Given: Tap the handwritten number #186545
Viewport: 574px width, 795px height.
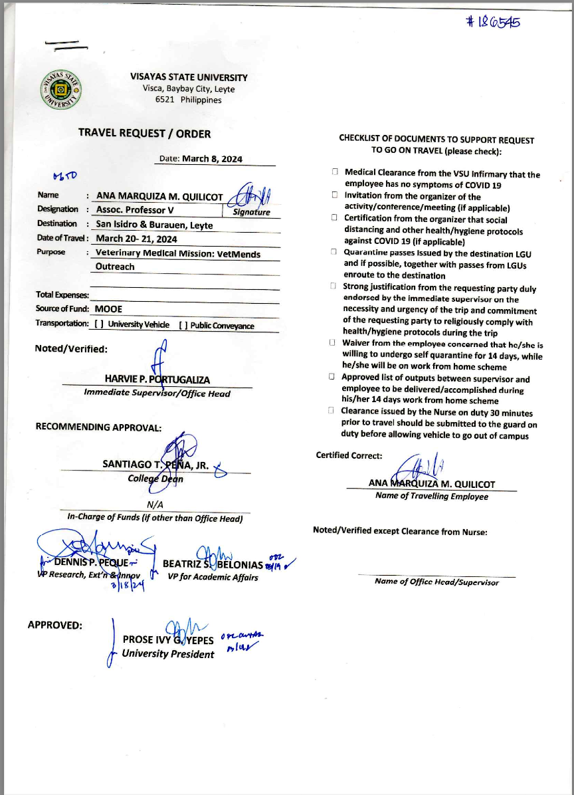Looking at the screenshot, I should [493, 21].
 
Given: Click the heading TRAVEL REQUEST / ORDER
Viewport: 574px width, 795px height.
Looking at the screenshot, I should [144, 134].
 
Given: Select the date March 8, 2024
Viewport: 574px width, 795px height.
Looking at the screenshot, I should [212, 159].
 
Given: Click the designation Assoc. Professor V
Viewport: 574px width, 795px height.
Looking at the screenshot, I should [135, 210].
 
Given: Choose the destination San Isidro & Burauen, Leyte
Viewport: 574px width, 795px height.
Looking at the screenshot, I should [154, 225].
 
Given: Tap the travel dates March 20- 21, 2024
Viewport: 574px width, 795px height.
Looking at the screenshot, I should [136, 239].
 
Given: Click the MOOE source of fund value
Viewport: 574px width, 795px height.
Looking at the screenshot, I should [108, 308].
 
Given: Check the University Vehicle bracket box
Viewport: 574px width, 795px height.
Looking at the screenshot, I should [98, 325].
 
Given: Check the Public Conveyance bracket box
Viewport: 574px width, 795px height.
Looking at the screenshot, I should [183, 326].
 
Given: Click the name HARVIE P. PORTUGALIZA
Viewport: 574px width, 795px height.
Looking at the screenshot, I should [157, 380].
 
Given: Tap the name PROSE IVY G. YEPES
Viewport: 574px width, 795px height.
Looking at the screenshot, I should [168, 639].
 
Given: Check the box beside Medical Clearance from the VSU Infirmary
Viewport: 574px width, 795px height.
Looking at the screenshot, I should [335, 172].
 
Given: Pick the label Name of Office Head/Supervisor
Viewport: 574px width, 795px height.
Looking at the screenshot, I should [436, 582].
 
